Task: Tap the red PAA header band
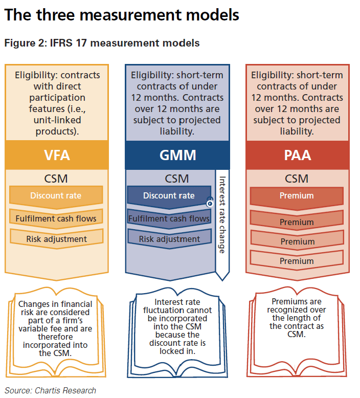tap(297, 155)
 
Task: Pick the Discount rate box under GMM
tap(169, 195)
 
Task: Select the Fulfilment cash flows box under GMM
tap(169, 218)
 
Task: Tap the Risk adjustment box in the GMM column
tap(169, 239)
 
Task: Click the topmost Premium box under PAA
tap(297, 195)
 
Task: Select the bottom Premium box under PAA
tap(297, 261)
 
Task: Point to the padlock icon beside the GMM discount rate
tap(210, 203)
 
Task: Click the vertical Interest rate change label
tap(222, 215)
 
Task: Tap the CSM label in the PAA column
tap(297, 179)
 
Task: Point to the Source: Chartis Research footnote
tap(50, 390)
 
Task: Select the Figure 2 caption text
tap(102, 43)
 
